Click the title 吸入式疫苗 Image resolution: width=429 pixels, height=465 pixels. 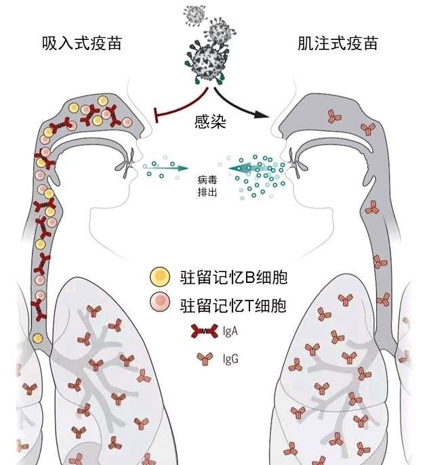click(82, 44)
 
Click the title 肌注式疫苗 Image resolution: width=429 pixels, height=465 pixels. click(338, 44)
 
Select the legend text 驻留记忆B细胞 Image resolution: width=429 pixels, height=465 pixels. click(229, 278)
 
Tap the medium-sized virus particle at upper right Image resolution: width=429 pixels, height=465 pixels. click(220, 30)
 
